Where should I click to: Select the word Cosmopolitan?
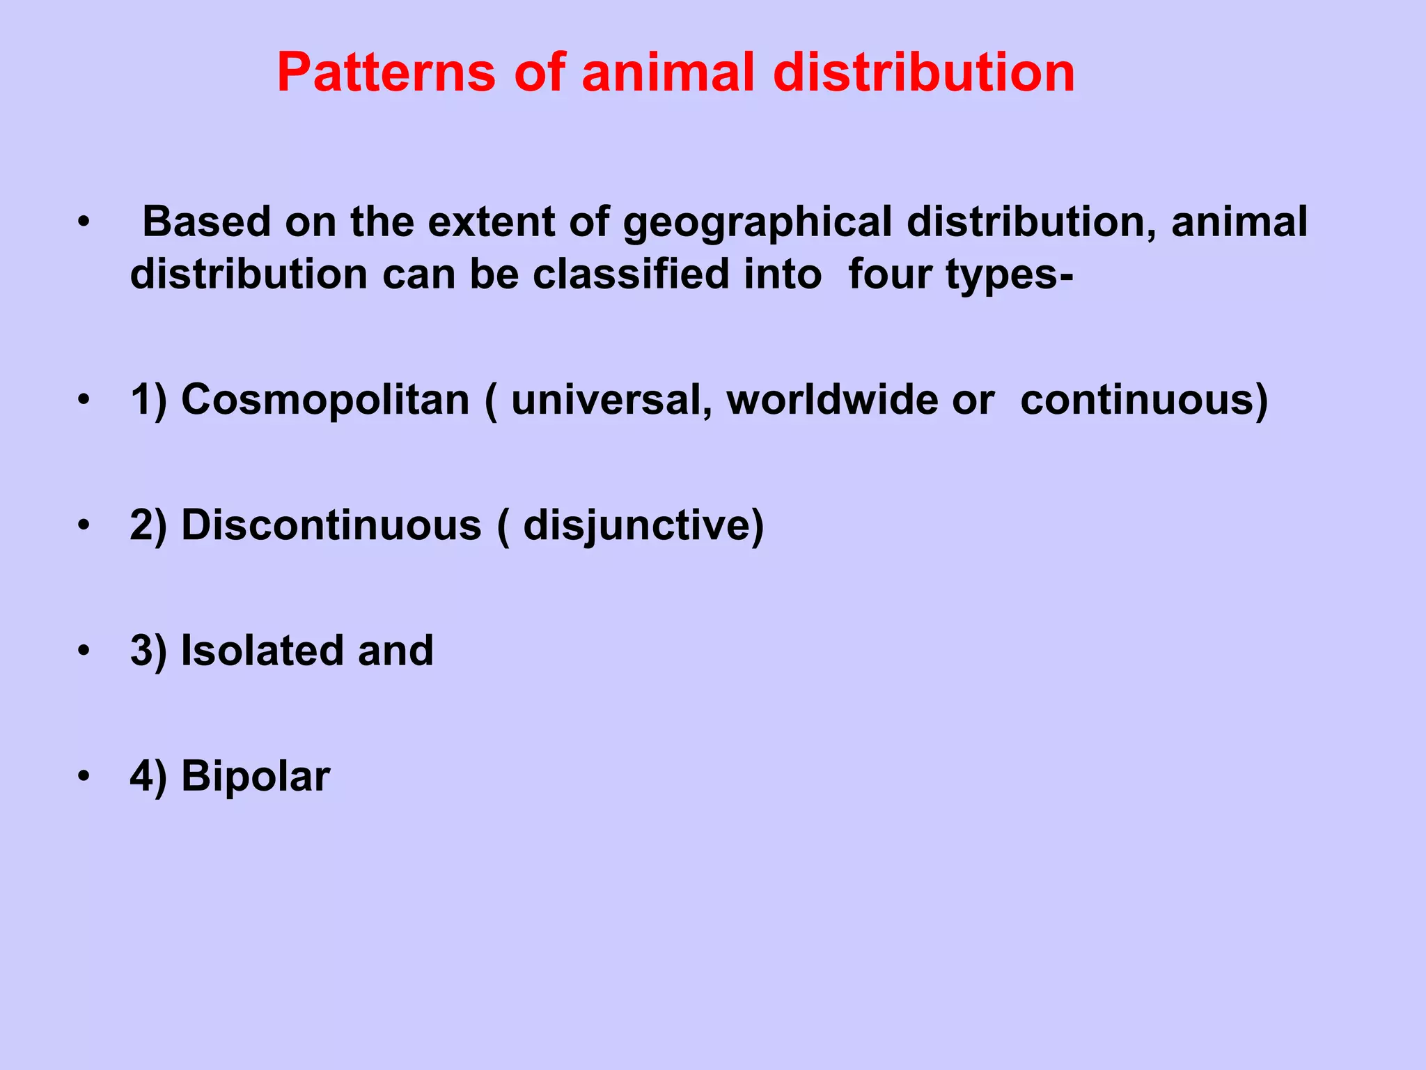tap(325, 401)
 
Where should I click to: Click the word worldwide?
tap(831, 401)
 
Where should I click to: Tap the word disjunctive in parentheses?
tap(638, 526)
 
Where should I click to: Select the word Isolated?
tap(262, 651)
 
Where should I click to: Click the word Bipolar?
tap(256, 776)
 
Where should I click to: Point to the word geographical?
tap(758, 223)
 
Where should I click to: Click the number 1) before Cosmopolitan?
tap(148, 401)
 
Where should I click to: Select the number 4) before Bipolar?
tap(148, 776)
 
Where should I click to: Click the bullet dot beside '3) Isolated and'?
tap(84, 651)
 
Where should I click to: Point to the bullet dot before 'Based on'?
tap(84, 222)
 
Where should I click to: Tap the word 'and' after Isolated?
tap(395, 651)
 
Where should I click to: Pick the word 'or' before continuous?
tap(973, 401)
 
